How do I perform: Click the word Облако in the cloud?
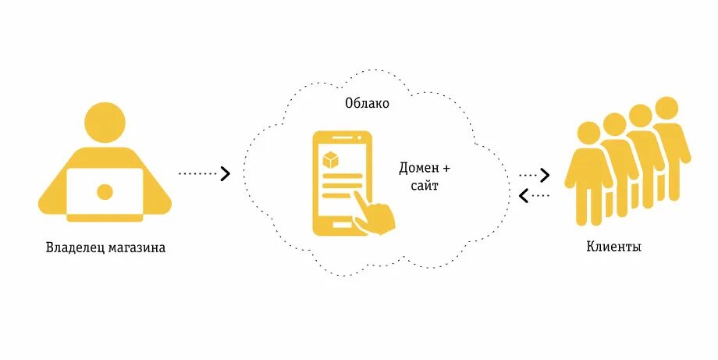point(367,104)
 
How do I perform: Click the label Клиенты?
point(614,248)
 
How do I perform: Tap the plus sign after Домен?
point(446,169)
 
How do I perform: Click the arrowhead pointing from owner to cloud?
point(226,173)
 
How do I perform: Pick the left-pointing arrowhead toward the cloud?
point(524,194)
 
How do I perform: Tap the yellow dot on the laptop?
point(104,191)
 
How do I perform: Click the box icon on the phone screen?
point(331,160)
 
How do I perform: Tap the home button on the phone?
point(341,225)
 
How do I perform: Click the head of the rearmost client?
point(666,108)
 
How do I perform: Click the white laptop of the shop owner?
point(104,191)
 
